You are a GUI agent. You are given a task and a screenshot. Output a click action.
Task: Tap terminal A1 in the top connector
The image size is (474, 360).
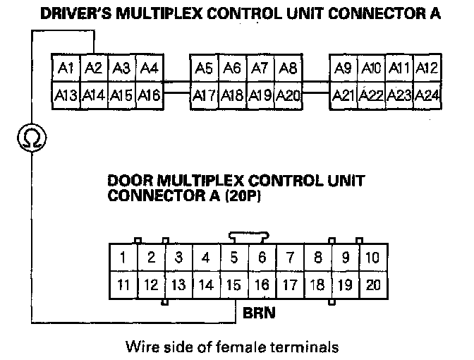tap(66, 68)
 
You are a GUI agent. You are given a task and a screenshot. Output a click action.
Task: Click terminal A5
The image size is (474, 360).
tap(205, 68)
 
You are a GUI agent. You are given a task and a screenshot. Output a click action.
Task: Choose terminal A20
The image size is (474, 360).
tap(287, 95)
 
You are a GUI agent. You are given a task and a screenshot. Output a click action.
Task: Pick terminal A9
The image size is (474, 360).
tap(344, 68)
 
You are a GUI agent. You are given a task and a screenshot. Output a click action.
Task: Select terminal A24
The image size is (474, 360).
tap(427, 95)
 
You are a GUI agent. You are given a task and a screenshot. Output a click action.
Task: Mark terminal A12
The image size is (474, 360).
tap(427, 68)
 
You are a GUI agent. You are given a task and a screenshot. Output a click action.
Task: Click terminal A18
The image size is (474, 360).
tap(232, 95)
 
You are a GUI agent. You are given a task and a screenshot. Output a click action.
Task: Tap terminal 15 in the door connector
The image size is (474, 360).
tap(233, 285)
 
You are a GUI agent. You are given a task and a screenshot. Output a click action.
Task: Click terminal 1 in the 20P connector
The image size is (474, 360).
tap(123, 258)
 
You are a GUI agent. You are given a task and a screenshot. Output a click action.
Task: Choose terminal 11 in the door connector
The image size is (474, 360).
tap(123, 285)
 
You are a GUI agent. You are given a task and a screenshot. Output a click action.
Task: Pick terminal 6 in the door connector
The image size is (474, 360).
tap(261, 258)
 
